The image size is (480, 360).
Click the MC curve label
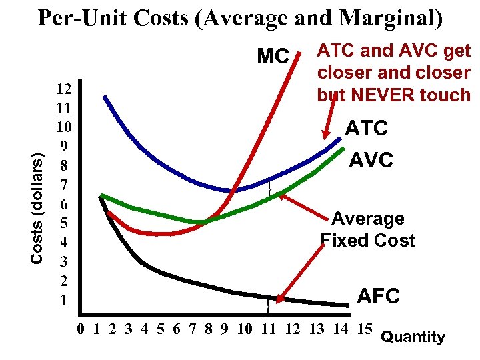[x=273, y=57]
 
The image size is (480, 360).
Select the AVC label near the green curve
[x=372, y=160]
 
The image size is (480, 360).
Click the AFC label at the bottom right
[x=378, y=296]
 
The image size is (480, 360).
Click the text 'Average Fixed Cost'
[x=368, y=229]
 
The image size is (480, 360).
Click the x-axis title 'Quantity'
[x=412, y=337]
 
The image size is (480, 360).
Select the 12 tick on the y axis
[x=65, y=88]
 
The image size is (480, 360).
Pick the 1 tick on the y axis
[x=64, y=300]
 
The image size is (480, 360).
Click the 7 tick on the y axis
[x=64, y=183]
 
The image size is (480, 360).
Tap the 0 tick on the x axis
[x=81, y=328]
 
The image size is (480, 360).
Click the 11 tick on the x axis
[x=269, y=328]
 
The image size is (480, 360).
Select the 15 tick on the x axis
[x=365, y=328]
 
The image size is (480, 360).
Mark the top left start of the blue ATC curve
[x=104, y=97]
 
